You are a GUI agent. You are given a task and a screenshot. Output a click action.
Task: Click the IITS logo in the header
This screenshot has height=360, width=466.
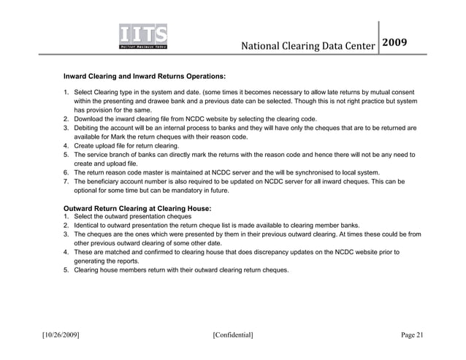point(143,37)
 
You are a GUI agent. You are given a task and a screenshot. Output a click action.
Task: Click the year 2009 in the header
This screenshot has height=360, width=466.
point(400,42)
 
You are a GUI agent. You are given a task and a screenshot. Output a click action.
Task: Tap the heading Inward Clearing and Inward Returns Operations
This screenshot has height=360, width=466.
point(145,76)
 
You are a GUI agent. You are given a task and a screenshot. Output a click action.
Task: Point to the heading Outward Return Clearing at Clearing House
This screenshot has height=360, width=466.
point(137,208)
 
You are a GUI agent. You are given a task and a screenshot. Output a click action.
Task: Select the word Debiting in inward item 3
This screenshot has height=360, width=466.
point(88,127)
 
